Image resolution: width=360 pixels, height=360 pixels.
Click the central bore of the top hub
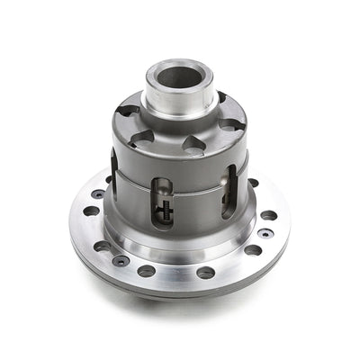coord(179,77)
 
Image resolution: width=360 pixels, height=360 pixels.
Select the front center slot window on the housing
coord(163,202)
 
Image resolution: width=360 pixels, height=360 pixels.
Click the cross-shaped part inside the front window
coord(164,213)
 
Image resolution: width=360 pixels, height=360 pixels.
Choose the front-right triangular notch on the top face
coord(198,143)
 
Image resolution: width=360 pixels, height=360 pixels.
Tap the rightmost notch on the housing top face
coord(233,124)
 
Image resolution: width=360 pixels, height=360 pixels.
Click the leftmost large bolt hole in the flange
coord(91,211)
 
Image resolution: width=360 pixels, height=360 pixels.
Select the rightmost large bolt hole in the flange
coord(269,216)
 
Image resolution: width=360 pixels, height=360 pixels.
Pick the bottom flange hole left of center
coord(147,271)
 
